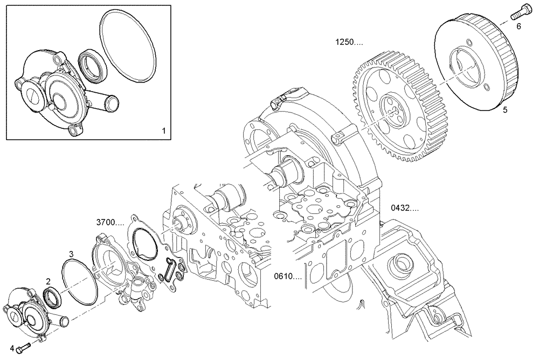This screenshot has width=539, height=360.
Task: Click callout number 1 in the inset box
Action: click(x=164, y=130)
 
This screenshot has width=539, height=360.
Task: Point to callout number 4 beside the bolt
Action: click(x=11, y=348)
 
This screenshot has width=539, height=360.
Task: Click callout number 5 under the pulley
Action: click(x=505, y=110)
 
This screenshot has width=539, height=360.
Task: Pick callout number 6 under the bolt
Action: click(x=519, y=25)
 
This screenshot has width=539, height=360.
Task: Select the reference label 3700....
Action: click(x=110, y=222)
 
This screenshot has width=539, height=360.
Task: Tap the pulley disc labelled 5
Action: click(x=474, y=65)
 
